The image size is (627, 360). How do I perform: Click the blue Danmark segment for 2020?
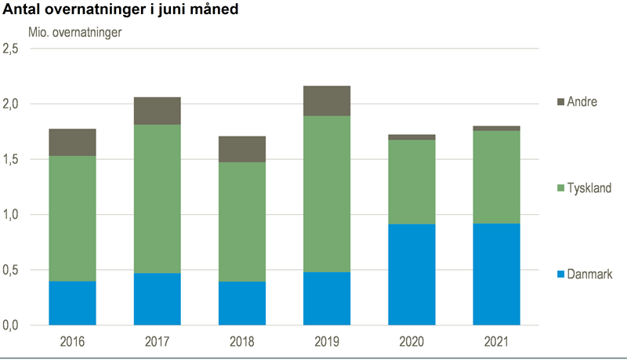tap(411, 275)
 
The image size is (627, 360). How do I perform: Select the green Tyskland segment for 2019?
tap(327, 194)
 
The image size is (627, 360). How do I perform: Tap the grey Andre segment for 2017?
tap(157, 111)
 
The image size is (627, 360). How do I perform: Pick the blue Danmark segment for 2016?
tap(72, 303)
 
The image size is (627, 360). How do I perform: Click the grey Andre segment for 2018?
tap(242, 149)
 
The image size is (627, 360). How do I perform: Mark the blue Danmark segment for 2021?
tap(496, 275)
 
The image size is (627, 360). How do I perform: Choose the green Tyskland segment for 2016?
tap(72, 219)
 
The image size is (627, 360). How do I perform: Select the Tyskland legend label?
tap(590, 188)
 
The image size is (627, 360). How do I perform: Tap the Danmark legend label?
tap(589, 274)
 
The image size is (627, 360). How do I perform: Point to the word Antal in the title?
tap(24, 10)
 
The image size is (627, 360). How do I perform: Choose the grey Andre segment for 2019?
tap(327, 101)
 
